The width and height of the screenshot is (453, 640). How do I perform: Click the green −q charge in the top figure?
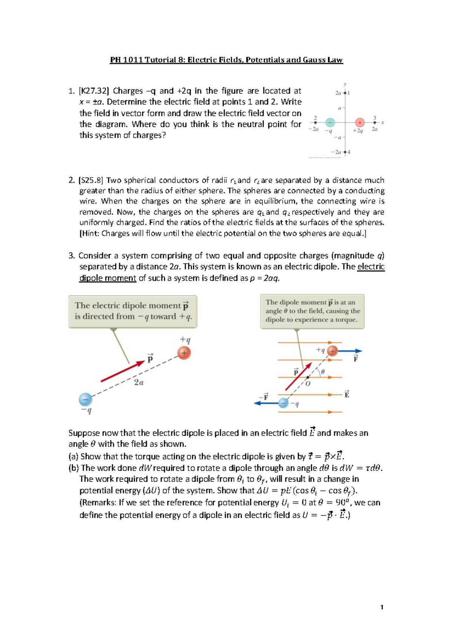[330, 122]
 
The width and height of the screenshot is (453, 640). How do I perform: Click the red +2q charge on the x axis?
[360, 122]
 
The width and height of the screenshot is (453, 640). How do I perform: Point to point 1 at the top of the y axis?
[345, 93]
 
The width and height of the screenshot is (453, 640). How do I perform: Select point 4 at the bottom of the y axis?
[345, 152]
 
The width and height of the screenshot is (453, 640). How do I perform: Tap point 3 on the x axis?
[374, 122]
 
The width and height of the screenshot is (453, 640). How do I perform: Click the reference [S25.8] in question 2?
[91, 180]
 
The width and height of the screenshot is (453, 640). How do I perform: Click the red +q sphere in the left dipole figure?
[184, 353]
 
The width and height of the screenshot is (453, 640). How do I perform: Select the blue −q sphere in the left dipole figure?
[85, 399]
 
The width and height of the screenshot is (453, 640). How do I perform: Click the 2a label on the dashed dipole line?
[139, 383]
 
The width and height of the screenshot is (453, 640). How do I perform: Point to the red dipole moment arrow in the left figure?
[123, 372]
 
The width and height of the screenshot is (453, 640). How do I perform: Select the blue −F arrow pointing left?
[266, 403]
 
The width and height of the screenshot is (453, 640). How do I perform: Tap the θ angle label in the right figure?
[323, 372]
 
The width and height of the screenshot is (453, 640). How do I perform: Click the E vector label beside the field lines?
[347, 394]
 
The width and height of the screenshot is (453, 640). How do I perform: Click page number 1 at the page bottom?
[382, 607]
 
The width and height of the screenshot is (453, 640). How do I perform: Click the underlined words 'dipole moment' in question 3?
[108, 278]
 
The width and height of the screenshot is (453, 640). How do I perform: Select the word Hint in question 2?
[90, 233]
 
